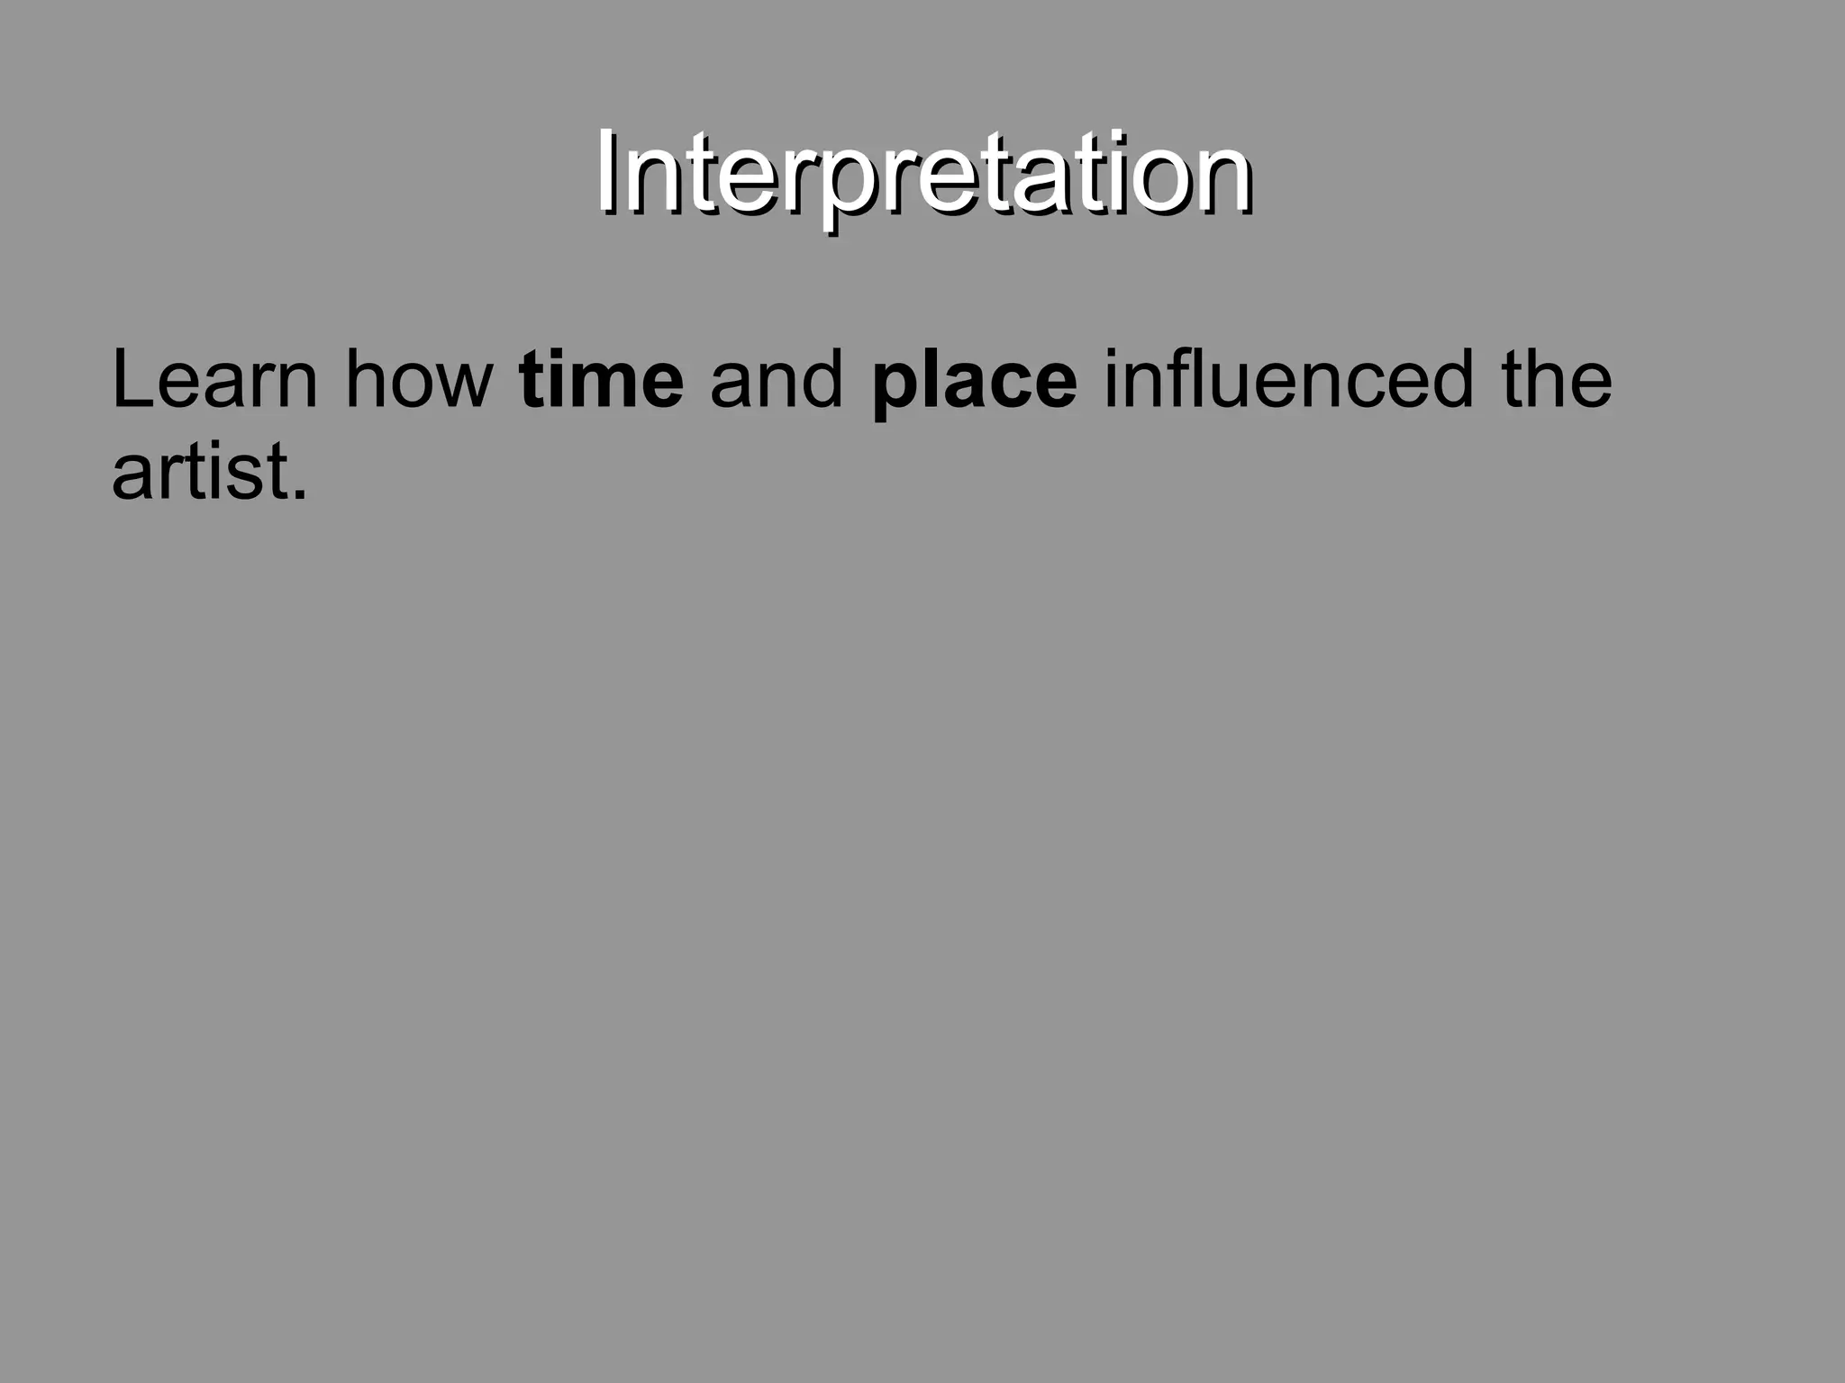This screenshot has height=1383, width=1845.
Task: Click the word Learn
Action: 214,380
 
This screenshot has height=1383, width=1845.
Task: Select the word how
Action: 419,380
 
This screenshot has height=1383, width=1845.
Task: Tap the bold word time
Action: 601,380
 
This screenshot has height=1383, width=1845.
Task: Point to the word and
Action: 777,380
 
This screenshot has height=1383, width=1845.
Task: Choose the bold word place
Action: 974,382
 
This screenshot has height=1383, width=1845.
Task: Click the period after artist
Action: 300,494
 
